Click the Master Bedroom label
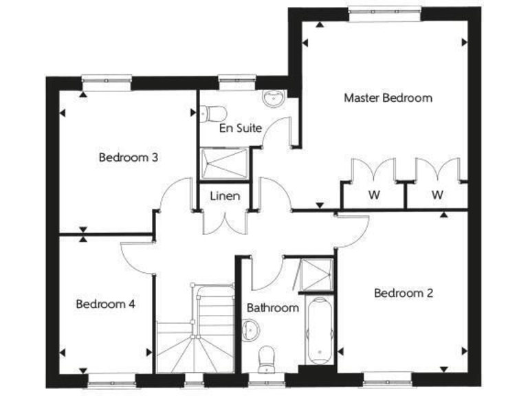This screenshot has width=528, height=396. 388,98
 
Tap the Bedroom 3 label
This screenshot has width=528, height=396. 129,157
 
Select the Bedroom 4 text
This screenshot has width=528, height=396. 105,304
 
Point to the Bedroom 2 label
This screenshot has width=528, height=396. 404,293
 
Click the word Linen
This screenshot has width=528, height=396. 225,197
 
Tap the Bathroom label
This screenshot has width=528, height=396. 273,308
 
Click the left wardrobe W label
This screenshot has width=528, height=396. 373,195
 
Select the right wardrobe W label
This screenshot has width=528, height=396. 437,195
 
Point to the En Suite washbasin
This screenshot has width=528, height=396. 274,98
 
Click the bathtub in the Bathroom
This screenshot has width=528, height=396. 318,332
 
